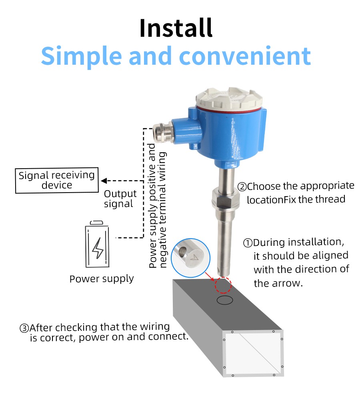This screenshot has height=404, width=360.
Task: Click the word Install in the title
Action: (x=176, y=28)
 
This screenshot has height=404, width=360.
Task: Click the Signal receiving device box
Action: (x=57, y=180)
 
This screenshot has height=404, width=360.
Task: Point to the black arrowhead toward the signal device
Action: (x=104, y=181)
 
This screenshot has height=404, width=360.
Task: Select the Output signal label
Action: (x=120, y=199)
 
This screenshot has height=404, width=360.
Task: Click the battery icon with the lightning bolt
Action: (x=97, y=244)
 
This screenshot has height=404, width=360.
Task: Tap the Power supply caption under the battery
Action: (x=102, y=279)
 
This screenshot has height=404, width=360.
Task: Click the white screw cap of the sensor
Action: (x=229, y=99)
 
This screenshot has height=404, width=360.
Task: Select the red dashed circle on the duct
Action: (x=223, y=285)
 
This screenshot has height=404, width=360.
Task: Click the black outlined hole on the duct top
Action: (x=225, y=300)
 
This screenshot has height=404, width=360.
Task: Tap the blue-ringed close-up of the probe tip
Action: (x=190, y=258)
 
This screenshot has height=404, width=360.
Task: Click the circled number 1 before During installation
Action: (x=248, y=243)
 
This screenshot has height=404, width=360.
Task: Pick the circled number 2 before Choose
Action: (x=242, y=187)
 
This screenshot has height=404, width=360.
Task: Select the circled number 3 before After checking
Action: (x=24, y=328)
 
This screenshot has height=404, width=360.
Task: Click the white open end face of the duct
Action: (x=253, y=353)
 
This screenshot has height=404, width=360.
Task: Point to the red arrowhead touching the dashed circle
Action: (x=212, y=279)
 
